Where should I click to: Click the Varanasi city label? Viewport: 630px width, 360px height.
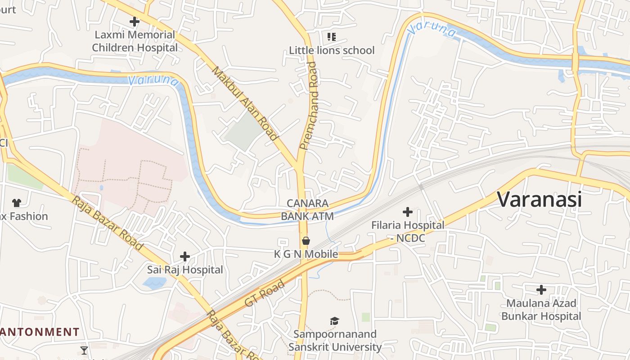click(x=539, y=199)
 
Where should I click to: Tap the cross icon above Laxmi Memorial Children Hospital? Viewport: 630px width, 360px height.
click(x=134, y=21)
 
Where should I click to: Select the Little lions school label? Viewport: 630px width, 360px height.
click(x=331, y=50)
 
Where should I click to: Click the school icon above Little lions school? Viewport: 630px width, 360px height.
click(x=332, y=36)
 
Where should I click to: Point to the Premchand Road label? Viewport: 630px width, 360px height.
click(x=309, y=106)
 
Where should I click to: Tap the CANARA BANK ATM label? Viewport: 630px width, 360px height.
click(x=307, y=210)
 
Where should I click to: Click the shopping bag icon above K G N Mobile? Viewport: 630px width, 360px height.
click(x=306, y=241)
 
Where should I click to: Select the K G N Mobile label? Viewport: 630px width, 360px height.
click(x=306, y=254)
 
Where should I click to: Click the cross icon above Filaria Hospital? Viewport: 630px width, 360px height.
click(x=408, y=211)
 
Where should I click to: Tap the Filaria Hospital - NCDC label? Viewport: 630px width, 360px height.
click(x=408, y=231)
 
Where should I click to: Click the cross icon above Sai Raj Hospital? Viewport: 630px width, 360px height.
click(x=184, y=256)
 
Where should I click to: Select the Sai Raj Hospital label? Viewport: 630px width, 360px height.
click(x=185, y=270)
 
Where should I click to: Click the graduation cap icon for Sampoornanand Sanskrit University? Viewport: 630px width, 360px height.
click(x=334, y=321)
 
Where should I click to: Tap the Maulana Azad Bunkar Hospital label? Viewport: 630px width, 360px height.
click(x=541, y=310)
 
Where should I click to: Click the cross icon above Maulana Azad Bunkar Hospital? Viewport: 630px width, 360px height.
click(x=541, y=289)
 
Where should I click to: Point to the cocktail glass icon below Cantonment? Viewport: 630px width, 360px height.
click(x=84, y=350)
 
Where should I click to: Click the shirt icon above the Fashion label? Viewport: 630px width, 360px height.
click(x=17, y=203)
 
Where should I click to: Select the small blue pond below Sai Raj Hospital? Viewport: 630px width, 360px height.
click(x=154, y=283)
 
